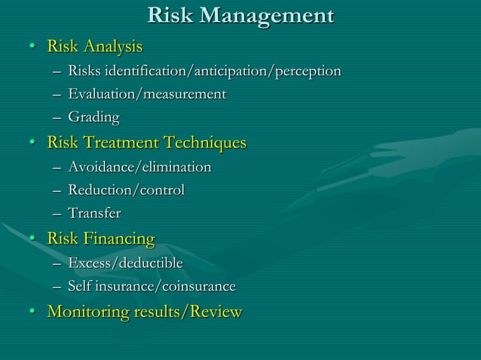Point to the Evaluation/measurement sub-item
coord(147,95)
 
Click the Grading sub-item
coord(93,117)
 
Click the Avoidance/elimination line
coord(139,166)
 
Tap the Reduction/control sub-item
coord(126,190)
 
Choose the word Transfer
coord(94,213)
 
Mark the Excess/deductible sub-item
coord(125,263)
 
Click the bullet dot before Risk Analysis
coord(32,48)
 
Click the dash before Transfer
coord(58,214)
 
